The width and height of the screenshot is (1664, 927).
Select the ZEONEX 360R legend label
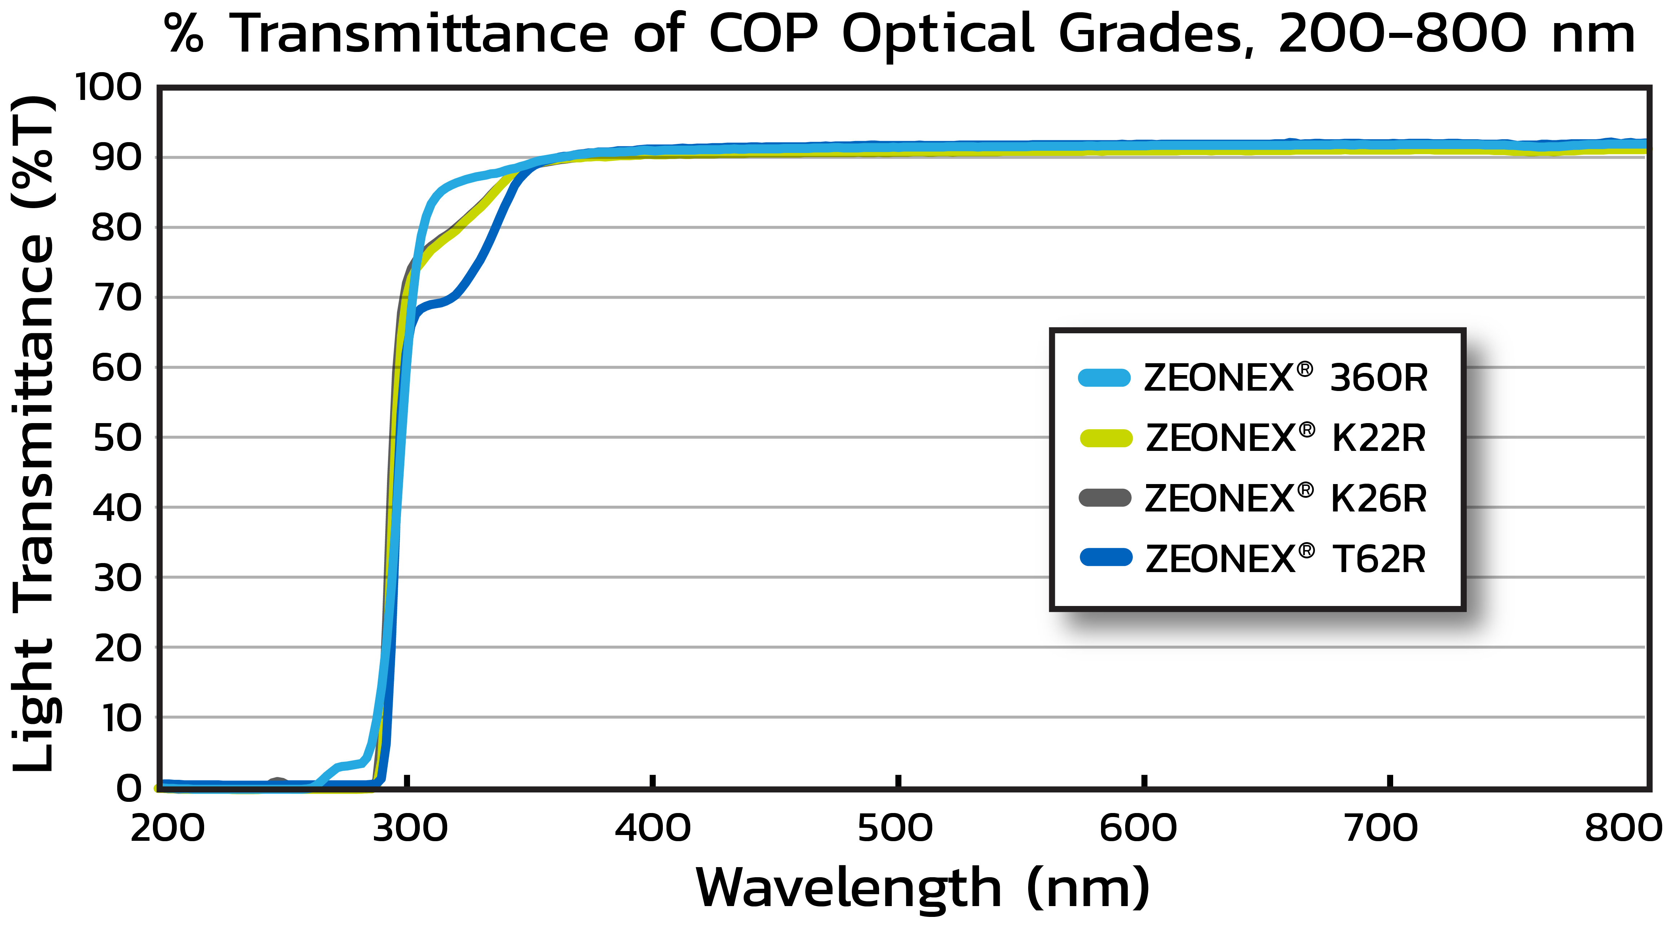1285,378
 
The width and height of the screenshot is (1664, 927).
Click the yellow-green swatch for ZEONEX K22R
1106,438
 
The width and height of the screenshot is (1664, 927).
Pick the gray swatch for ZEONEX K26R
1105,498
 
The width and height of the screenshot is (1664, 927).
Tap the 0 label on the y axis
128,788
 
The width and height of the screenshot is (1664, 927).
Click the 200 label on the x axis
167,828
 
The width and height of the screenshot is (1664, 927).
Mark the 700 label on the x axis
1381,828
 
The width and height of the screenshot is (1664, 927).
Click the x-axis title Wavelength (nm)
923,888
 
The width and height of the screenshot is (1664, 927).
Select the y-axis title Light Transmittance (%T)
34,433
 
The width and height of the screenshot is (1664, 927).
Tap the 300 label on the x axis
410,828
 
